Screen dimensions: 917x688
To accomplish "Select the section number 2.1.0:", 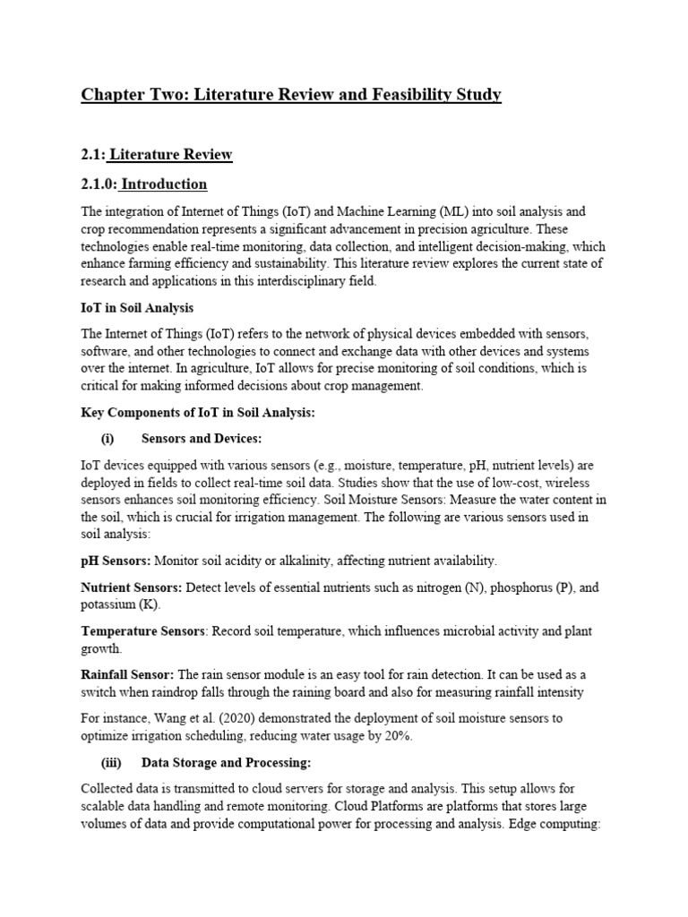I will coord(99,184).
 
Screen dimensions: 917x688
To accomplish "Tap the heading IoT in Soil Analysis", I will coord(137,308).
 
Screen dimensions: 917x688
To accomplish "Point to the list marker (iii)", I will coord(111,762).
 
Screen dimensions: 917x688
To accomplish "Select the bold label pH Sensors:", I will coord(116,561).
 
